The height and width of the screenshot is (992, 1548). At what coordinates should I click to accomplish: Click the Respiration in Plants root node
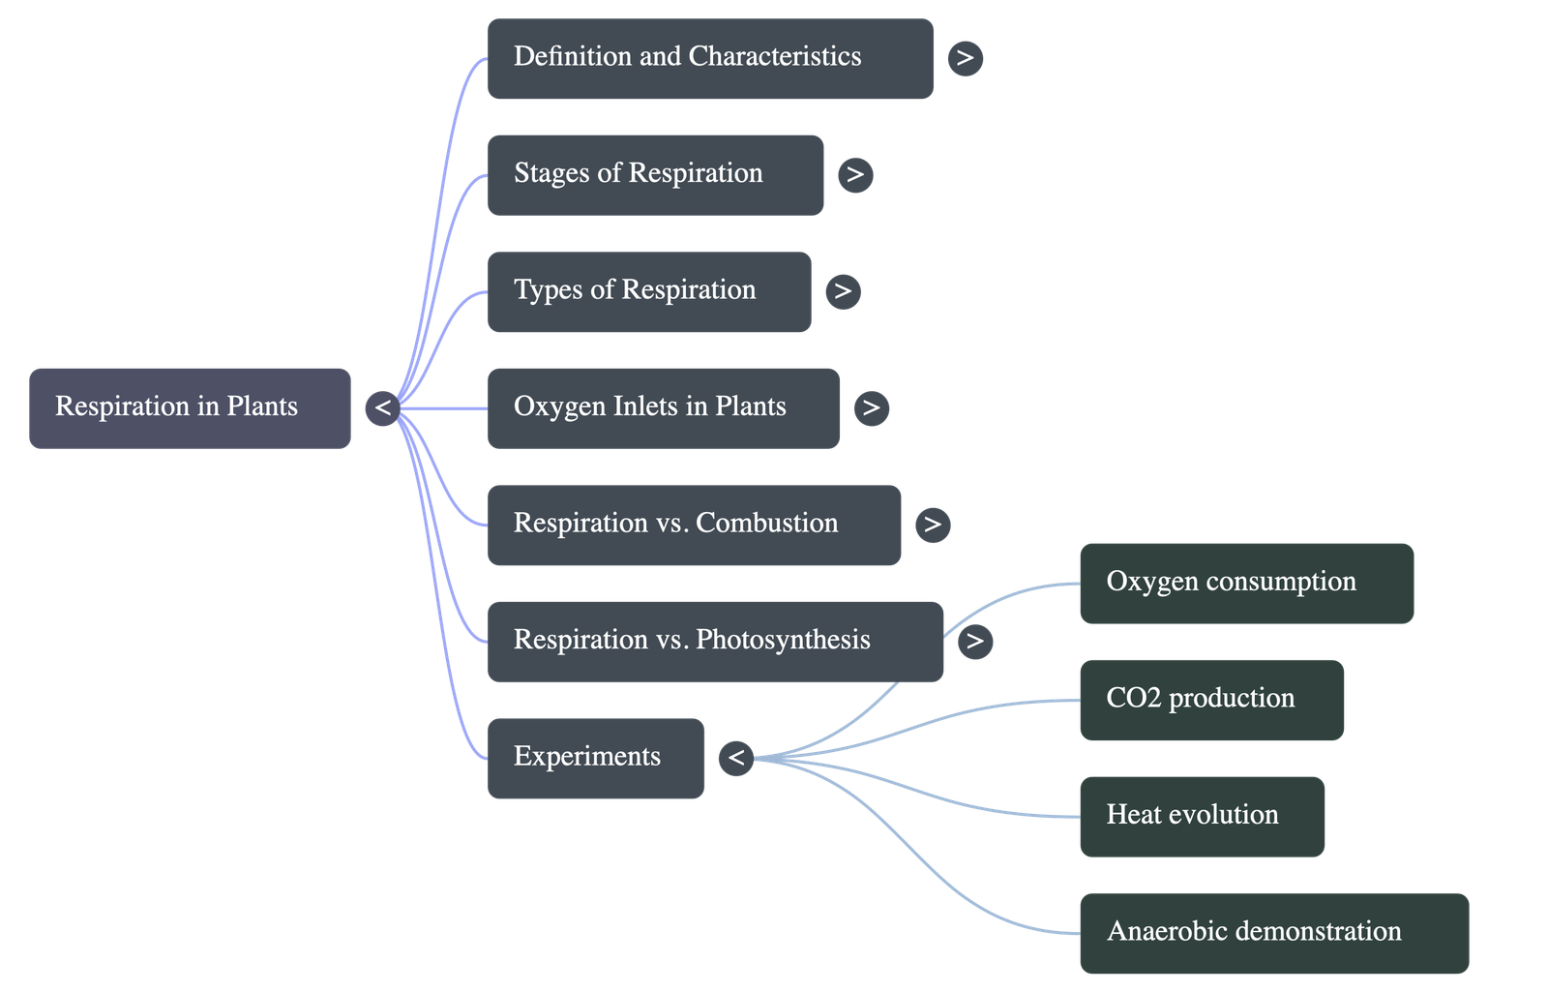point(190,407)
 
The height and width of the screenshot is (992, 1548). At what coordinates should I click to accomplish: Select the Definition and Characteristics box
point(710,58)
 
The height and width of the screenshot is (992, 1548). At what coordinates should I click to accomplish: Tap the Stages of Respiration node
point(655,175)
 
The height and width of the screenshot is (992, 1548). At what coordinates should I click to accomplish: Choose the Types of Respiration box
point(648,292)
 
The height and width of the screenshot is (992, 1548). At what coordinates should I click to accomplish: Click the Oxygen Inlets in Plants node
point(663,407)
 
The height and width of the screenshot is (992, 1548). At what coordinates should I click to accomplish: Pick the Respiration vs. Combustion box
point(694,525)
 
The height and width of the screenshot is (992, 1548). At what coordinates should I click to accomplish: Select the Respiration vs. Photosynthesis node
point(715,641)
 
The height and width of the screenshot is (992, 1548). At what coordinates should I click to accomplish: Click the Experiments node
point(595,758)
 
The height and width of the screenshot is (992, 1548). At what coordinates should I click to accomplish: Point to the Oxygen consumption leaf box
point(1246,583)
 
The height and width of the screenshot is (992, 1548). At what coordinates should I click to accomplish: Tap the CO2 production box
point(1211,700)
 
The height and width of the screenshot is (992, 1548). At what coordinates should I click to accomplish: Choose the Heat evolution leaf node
point(1202,816)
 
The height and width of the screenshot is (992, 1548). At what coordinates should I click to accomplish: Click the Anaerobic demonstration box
point(1273,933)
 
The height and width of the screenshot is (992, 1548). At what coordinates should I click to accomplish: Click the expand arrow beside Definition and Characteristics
point(965,58)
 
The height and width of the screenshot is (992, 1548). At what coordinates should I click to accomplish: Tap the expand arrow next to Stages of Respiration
point(855,175)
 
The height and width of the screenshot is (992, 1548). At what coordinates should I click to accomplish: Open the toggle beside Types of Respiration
point(843,291)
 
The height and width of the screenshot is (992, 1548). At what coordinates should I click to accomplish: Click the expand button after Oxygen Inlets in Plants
point(871,407)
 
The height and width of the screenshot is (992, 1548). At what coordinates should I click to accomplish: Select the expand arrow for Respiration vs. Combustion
point(933,525)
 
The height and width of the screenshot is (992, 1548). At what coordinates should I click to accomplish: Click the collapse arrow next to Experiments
point(736,757)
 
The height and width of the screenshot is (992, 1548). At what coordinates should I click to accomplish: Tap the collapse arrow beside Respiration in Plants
point(383,407)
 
